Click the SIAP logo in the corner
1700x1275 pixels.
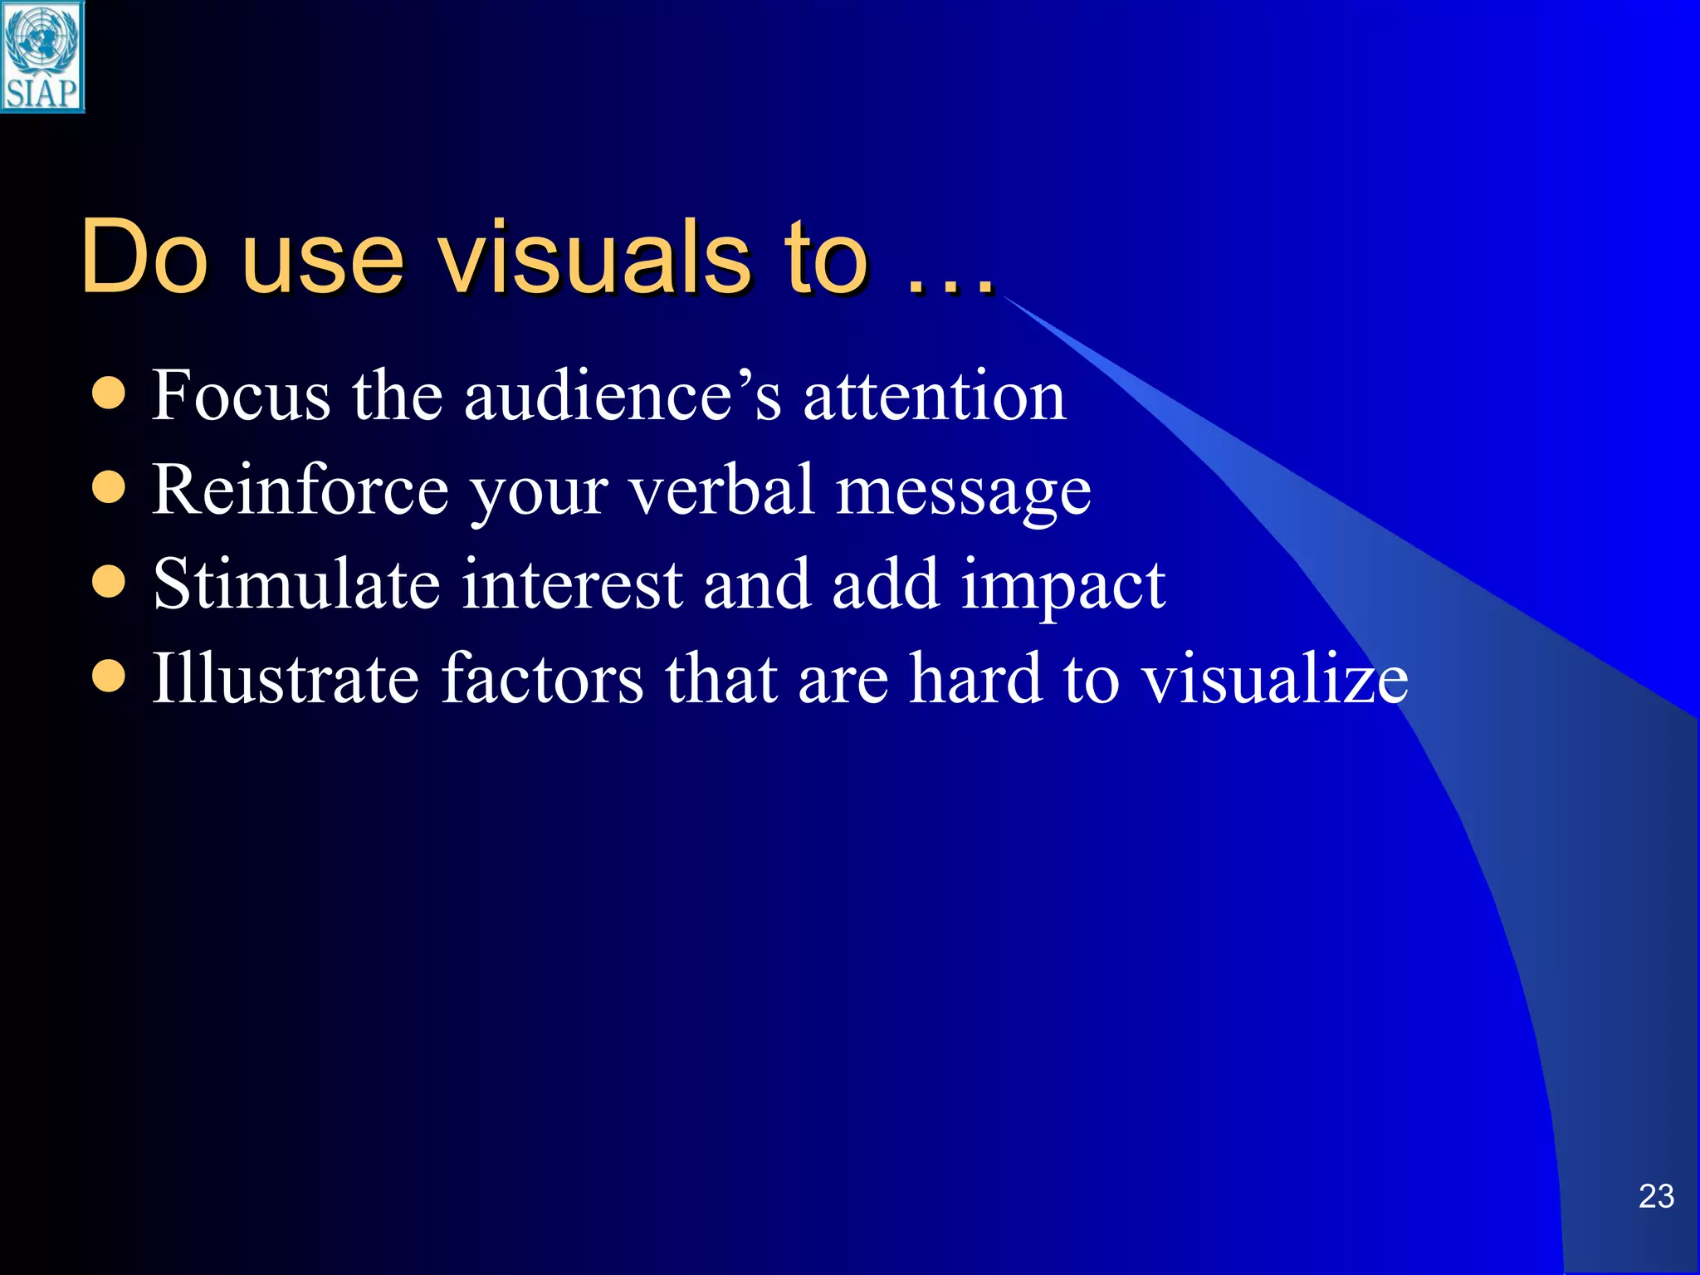pos(42,56)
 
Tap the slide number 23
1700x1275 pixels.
pos(1656,1196)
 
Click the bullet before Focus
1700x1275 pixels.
pos(109,393)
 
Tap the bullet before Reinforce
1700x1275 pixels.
pos(109,488)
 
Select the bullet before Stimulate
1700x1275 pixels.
pos(109,582)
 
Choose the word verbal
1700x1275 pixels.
pos(721,490)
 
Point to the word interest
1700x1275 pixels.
pos(572,584)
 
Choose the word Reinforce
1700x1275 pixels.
pos(300,490)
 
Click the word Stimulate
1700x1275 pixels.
pos(296,584)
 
